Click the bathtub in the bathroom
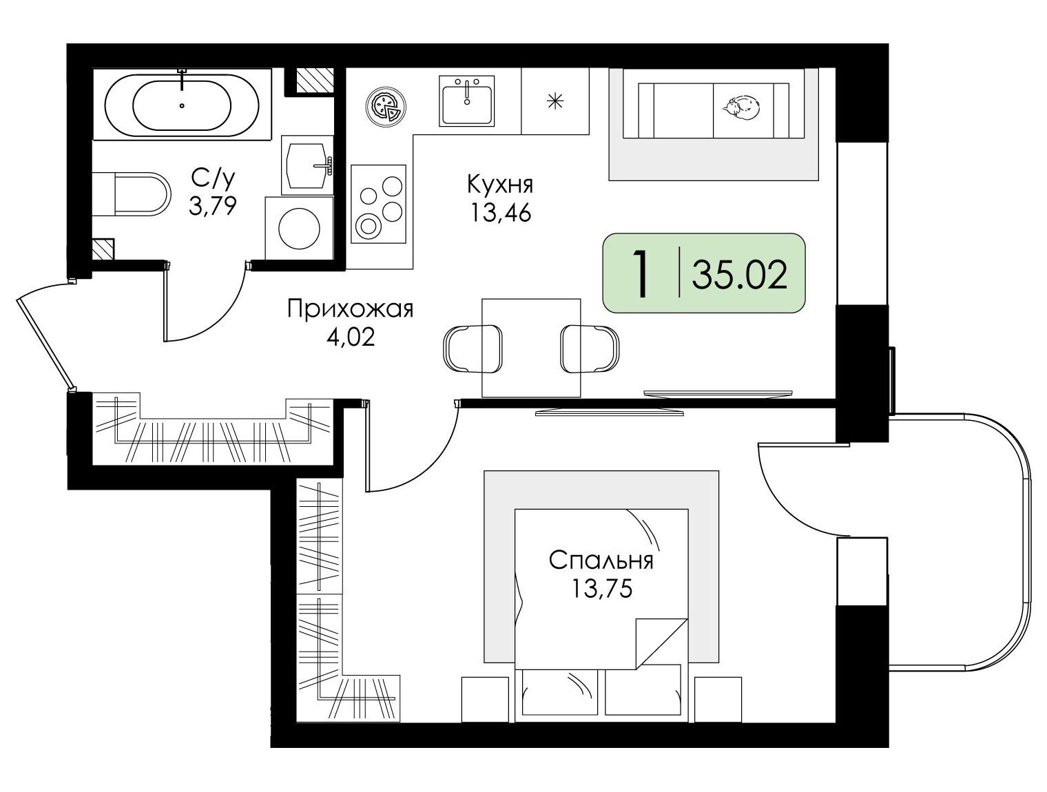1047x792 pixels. tap(182, 104)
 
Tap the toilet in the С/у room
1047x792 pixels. tap(132, 194)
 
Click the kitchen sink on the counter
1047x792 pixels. tap(466, 100)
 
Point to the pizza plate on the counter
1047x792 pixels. tap(386, 107)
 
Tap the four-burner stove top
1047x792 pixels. tap(378, 204)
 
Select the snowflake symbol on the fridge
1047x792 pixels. tap(554, 101)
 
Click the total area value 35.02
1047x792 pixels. tap(740, 275)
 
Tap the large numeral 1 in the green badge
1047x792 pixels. tap(641, 274)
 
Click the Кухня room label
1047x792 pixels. tap(500, 184)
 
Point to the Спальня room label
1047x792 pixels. tap(601, 561)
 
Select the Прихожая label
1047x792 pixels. tap(351, 309)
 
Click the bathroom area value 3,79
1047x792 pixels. tap(213, 206)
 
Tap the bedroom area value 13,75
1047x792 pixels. tap(602, 589)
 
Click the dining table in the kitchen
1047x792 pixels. tap(531, 348)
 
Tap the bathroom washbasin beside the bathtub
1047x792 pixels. tap(307, 165)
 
